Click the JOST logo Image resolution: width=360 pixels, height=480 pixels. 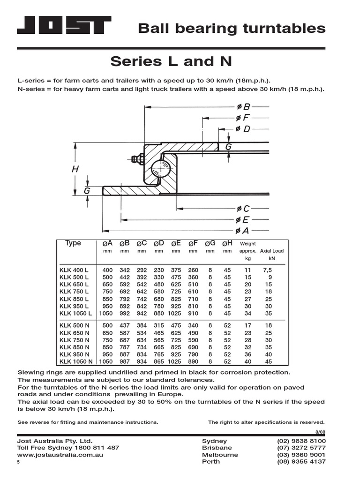pos(64,25)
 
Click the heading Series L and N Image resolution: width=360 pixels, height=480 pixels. pos(171,61)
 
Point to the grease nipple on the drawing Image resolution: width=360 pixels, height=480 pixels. pos(137,159)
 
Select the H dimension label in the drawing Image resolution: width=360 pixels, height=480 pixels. pos(75,170)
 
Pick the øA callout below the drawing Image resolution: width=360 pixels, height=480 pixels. pos(243,230)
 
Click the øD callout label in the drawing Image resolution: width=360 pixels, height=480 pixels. pos(243,128)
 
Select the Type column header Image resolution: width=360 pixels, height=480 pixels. pos(73,243)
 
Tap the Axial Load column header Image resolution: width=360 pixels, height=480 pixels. pos(272,251)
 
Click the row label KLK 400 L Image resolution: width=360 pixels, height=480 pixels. pos(74,270)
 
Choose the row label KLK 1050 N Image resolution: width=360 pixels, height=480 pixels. pos(76,361)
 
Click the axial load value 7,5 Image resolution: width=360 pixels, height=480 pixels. pos(268,270)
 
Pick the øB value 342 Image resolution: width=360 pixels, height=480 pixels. pos(124,270)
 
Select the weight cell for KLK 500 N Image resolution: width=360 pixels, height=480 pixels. pos(248,325)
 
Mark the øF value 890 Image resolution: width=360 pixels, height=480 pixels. pos(193,361)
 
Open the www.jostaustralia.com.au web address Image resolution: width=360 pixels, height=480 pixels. pos(60,455)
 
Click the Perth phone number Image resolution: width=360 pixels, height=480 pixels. pos(301,462)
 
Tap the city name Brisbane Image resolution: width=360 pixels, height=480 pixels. pos(217,448)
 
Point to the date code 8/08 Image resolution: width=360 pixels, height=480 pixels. pos(320,432)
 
